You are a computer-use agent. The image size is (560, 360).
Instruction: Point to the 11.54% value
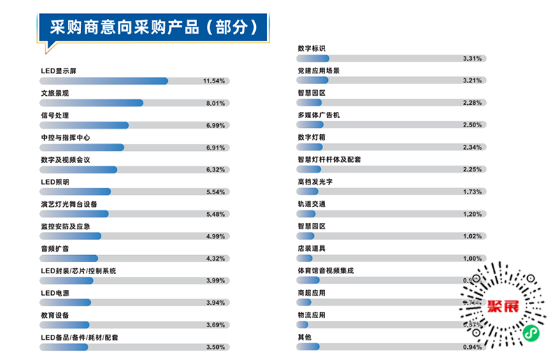[x=213, y=81]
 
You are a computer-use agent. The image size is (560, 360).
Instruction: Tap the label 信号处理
[x=55, y=115]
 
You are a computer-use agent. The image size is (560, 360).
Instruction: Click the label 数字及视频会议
[x=66, y=160]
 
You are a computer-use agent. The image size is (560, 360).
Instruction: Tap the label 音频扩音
[x=55, y=249]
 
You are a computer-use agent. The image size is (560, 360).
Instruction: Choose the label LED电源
[x=55, y=294]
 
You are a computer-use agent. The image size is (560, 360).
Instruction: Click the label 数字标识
[x=311, y=48]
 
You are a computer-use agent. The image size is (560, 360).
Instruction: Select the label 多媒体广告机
[x=318, y=115]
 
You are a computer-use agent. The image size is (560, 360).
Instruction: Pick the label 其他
[x=304, y=338]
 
